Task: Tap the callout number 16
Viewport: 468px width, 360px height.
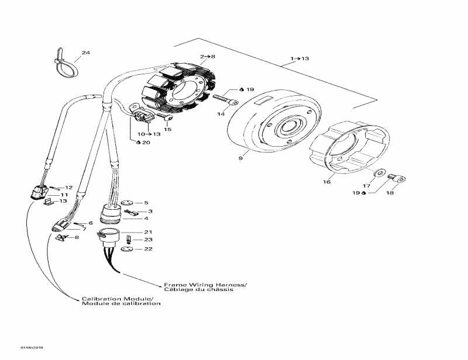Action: [326, 182]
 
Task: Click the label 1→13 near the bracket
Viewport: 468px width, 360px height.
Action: [300, 58]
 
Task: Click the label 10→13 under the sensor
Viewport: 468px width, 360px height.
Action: [148, 134]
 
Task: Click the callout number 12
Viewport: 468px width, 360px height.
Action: [68, 188]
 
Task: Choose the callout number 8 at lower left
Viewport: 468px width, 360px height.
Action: [76, 237]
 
